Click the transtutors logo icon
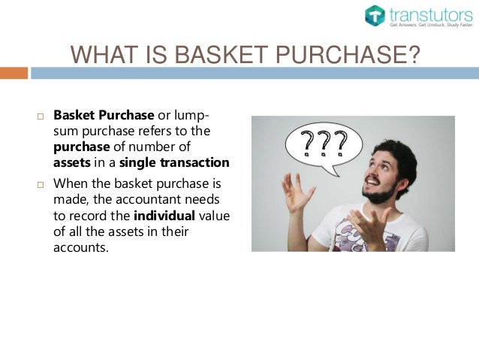coord(375,16)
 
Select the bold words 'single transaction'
coord(185,162)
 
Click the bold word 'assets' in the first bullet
coord(72,162)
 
